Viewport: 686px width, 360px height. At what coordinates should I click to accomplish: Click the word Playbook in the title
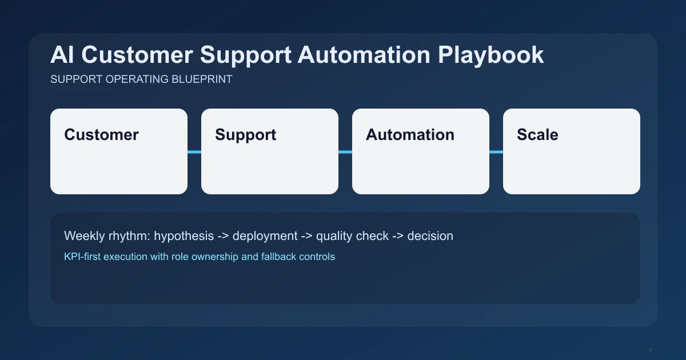click(x=491, y=55)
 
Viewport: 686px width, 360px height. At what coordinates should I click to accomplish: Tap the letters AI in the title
click(x=61, y=55)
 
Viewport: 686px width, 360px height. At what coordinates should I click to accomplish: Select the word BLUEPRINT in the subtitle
click(x=202, y=79)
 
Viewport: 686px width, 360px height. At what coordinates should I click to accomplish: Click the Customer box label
click(x=101, y=135)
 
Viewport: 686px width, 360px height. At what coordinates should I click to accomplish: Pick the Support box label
click(x=245, y=135)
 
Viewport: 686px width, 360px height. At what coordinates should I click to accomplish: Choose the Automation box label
click(x=410, y=135)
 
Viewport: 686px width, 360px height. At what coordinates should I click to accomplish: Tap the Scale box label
click(x=537, y=135)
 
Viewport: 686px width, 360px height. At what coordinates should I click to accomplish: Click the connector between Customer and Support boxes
click(x=194, y=152)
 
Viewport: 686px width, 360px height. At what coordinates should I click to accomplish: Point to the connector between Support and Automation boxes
click(x=345, y=152)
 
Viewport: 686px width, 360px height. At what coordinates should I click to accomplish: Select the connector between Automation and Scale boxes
click(x=496, y=152)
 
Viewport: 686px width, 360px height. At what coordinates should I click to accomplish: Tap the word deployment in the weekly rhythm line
click(x=265, y=235)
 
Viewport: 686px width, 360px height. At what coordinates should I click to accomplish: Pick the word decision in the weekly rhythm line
click(x=430, y=235)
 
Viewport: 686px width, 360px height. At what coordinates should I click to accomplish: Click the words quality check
click(x=352, y=235)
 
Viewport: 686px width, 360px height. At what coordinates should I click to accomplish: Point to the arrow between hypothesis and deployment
click(x=225, y=235)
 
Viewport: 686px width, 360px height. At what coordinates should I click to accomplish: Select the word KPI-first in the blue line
click(x=83, y=257)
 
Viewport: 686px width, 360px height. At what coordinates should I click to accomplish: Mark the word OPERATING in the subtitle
click(x=137, y=79)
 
